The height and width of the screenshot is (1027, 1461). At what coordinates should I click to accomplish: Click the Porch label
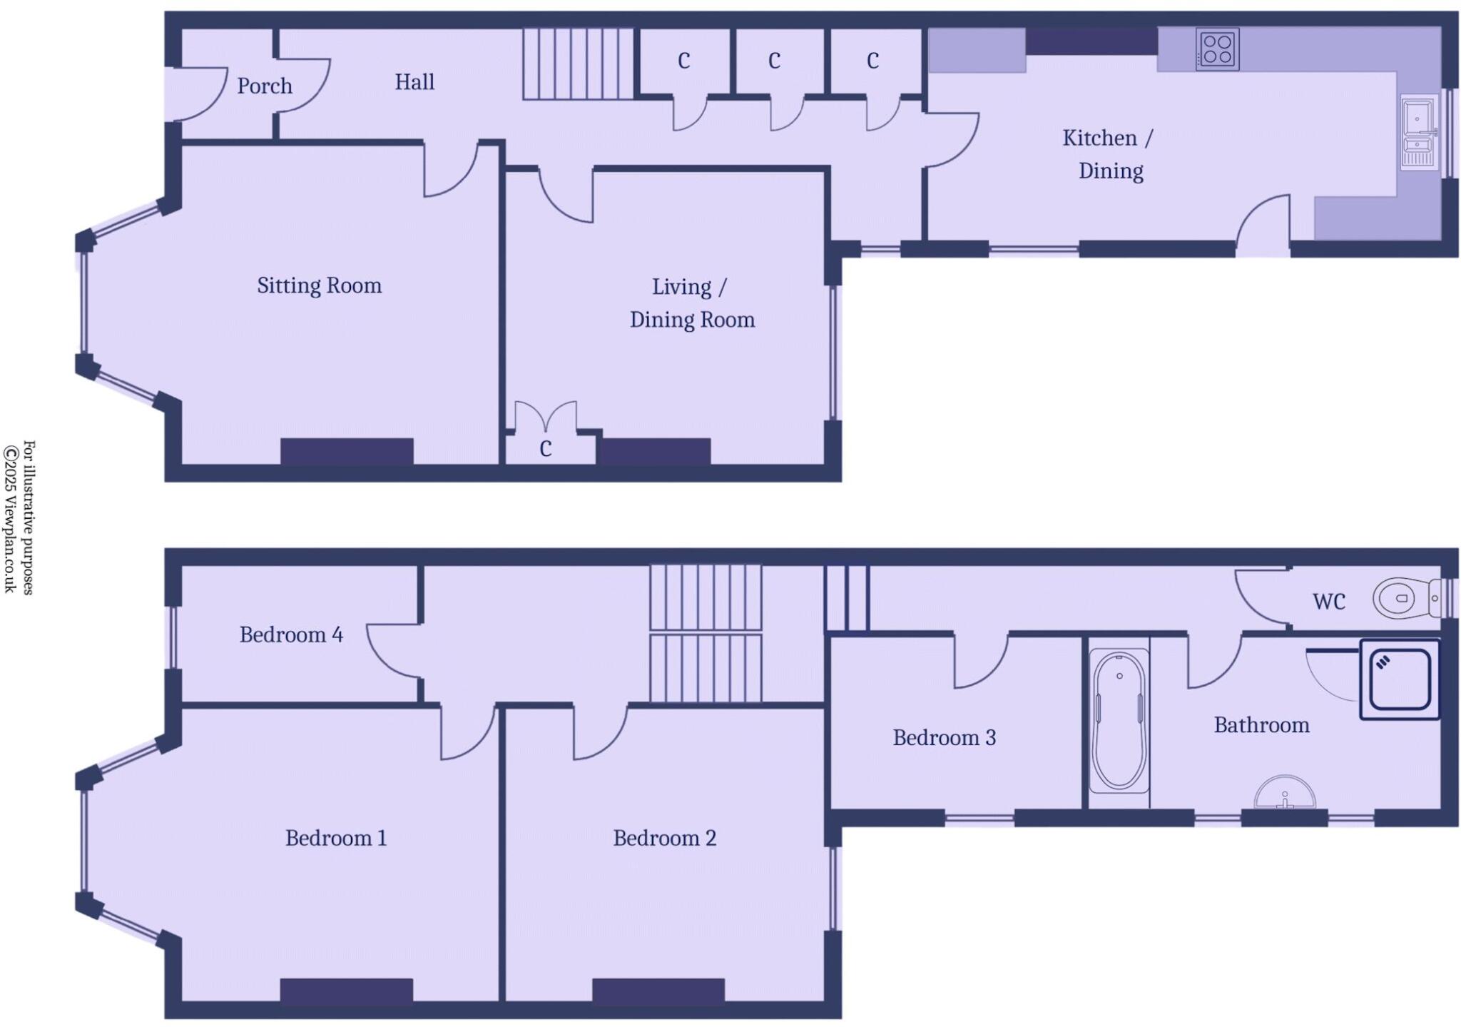point(265,86)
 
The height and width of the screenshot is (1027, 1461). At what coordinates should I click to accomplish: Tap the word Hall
point(414,82)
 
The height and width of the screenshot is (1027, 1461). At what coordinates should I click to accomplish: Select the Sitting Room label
point(319,285)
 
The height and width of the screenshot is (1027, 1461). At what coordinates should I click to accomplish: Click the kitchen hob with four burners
point(1217,49)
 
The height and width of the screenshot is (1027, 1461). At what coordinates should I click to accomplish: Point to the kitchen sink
point(1418,133)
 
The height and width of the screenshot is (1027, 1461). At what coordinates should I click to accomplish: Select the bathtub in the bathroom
point(1119,721)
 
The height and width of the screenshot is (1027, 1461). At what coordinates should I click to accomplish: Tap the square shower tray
point(1399,679)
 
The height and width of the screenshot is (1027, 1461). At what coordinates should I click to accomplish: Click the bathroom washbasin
point(1284,794)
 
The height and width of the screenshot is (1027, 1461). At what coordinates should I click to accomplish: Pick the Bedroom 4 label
point(291,634)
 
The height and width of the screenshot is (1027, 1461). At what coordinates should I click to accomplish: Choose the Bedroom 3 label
point(944,737)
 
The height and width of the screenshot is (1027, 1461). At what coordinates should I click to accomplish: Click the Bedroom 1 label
point(336,838)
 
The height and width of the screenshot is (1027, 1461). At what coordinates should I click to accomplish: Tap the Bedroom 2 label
point(664,838)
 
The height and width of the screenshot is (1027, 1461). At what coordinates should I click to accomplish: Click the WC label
point(1328,602)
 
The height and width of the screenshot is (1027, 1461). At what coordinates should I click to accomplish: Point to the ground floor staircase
point(579,64)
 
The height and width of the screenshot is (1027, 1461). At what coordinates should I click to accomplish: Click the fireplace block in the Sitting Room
point(347,452)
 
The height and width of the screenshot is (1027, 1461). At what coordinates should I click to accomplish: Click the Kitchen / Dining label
point(1109,154)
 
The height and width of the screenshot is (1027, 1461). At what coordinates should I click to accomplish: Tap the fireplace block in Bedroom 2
point(658,991)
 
